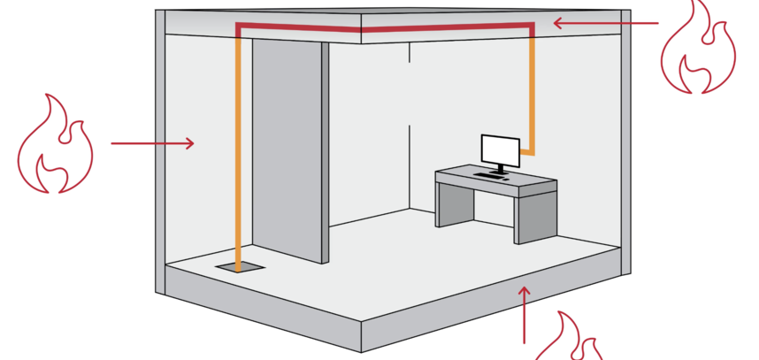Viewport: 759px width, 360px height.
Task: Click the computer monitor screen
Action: coord(499,149)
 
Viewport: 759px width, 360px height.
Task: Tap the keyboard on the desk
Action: coord(490,175)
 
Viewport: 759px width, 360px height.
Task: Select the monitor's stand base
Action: coord(502,172)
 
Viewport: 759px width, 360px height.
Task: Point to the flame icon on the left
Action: coord(55,145)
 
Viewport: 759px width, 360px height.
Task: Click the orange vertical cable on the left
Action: coord(238,150)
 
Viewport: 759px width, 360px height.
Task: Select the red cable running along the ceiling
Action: coord(380,29)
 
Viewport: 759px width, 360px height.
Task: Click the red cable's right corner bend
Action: coord(533,29)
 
